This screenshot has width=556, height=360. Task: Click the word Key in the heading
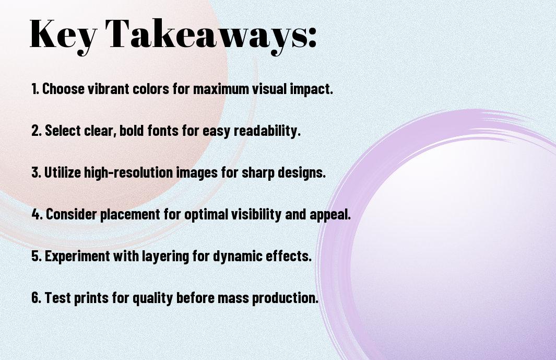coord(63,36)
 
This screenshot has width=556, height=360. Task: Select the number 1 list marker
coord(35,89)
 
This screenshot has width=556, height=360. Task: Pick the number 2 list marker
coord(36,131)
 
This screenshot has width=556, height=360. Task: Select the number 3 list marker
coord(37,172)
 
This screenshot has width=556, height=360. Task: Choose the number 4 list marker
coord(37,214)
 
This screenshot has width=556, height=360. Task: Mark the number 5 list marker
coord(37,256)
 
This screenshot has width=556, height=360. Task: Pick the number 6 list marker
coord(37,297)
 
